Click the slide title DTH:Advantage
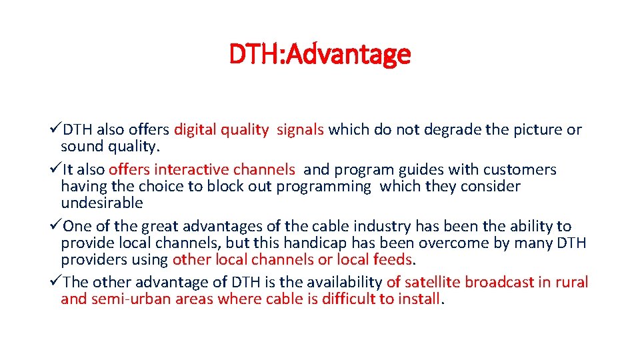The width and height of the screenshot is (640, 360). (x=320, y=54)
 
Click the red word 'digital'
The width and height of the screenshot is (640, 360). (x=196, y=130)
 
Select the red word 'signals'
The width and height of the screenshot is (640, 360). (x=300, y=130)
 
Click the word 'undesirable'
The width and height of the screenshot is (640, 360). (x=102, y=203)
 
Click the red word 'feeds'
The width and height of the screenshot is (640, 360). (x=393, y=259)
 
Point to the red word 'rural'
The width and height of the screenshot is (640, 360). (x=571, y=283)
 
